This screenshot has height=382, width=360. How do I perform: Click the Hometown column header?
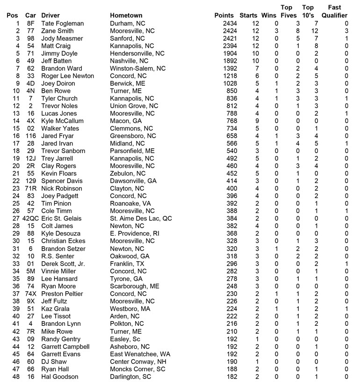[126, 15]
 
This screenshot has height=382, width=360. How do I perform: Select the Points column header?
[224, 15]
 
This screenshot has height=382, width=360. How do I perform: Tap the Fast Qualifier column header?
[334, 11]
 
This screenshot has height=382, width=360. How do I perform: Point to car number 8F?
[30, 23]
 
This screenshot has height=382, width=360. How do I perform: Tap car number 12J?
[30, 158]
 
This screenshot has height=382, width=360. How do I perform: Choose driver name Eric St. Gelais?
[61, 219]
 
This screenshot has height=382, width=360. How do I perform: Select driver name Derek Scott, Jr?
[63, 264]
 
